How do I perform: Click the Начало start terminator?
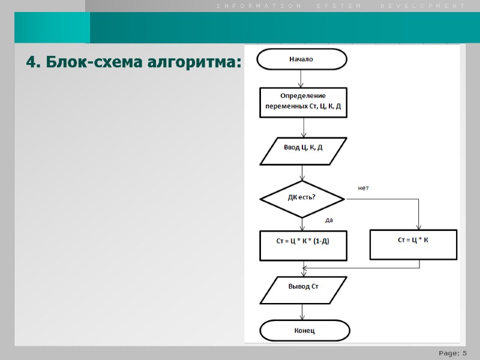[x=302, y=59]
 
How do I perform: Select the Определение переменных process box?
[x=303, y=102]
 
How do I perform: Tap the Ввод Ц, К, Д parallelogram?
[x=303, y=151]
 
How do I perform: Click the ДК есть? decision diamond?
[x=302, y=198]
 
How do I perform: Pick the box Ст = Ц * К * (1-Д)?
[x=303, y=245]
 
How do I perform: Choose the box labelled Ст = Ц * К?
[x=413, y=244]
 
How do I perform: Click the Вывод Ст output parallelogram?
[x=303, y=290]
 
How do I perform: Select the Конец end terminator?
[x=304, y=331]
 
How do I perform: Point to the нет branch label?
[x=364, y=188]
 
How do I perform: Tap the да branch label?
[x=329, y=220]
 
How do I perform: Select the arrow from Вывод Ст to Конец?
[x=304, y=312]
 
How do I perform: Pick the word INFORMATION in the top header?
[x=259, y=5]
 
